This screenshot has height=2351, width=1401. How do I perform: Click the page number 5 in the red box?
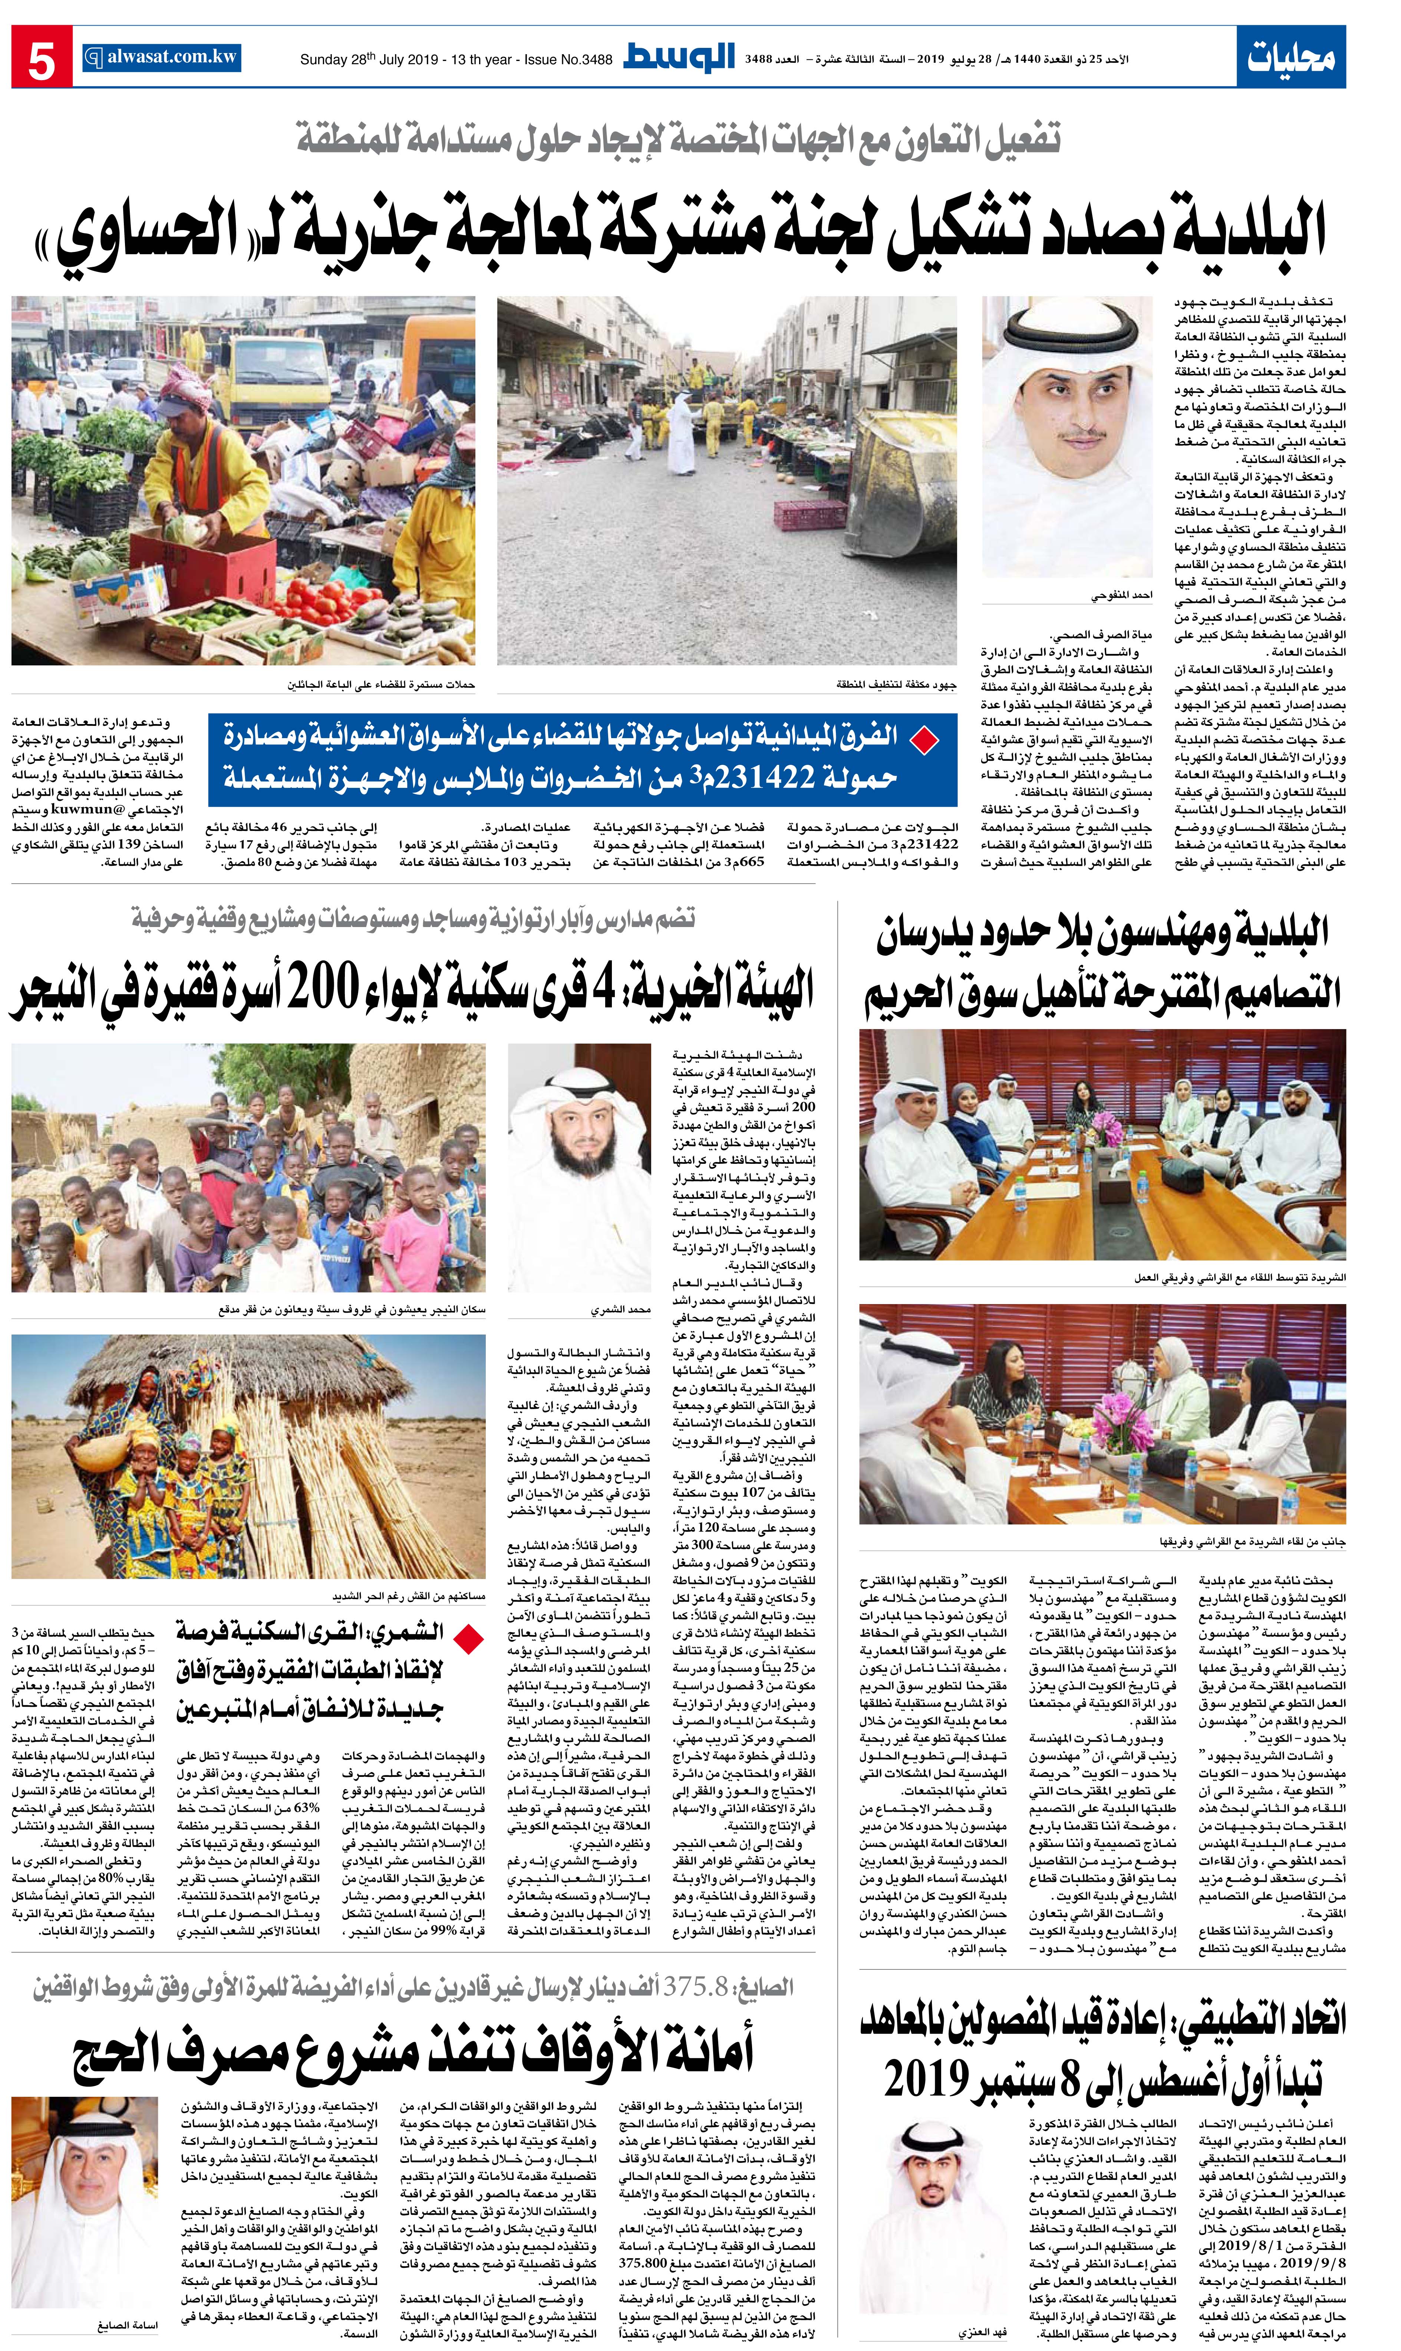tap(42, 59)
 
